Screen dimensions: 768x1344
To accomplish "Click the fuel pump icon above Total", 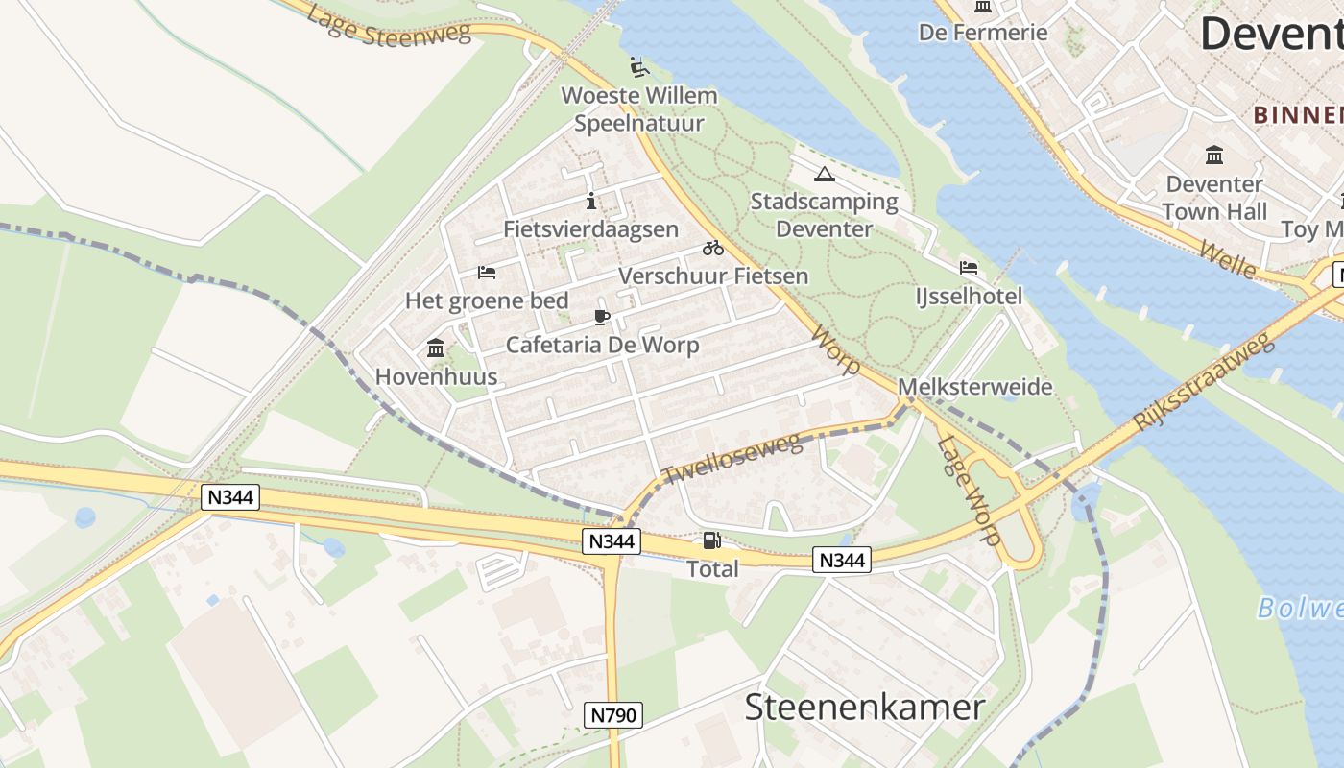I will (711, 541).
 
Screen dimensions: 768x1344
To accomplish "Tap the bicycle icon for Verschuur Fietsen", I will (712, 248).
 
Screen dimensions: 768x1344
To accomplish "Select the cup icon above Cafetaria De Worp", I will (602, 317).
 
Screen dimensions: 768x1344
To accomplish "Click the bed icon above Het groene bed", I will (487, 273).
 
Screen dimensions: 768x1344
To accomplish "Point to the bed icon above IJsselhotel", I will (969, 268).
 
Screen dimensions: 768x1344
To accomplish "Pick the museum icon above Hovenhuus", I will (436, 348).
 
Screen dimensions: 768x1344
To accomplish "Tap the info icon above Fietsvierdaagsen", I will (590, 202).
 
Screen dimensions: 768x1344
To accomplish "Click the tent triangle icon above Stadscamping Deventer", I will (824, 175).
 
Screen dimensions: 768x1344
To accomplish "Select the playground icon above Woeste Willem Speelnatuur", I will (638, 67).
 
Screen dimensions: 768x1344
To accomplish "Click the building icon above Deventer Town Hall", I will (1214, 155).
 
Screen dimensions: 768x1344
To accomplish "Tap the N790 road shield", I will (612, 714).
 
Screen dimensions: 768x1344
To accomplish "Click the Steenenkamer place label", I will (864, 708).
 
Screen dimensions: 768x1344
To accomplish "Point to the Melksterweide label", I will (974, 387).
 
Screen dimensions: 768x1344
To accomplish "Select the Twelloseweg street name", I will (732, 458).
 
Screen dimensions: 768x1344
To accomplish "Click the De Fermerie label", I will (983, 33).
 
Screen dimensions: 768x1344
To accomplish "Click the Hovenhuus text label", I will (436, 376).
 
